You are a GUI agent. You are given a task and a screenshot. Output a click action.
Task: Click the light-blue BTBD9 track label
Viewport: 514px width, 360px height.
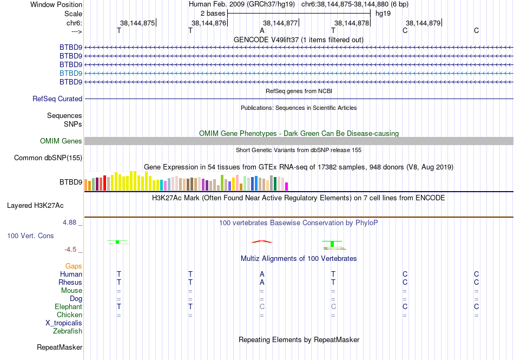71,73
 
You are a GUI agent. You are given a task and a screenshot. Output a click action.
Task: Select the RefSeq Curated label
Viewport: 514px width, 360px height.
57,99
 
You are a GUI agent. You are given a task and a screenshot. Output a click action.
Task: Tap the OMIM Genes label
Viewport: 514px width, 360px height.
61,141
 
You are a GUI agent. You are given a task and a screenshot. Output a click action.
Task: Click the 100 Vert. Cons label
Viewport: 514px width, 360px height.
30,236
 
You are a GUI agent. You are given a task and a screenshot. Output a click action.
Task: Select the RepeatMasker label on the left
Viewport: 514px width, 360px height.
60,347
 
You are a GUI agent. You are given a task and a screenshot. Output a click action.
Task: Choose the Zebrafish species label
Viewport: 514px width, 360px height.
68,331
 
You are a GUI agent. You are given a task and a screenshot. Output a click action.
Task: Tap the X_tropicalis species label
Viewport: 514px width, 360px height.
64,323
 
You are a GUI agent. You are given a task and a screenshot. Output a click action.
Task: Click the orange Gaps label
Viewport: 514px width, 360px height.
74,266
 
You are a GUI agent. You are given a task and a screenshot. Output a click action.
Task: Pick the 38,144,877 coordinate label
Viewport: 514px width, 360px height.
280,23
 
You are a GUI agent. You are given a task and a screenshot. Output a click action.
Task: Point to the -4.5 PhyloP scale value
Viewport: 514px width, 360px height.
72,250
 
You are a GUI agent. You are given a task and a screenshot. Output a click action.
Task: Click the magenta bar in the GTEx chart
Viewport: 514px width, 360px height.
287,186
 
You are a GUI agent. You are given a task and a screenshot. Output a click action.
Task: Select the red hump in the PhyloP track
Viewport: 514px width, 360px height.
262,241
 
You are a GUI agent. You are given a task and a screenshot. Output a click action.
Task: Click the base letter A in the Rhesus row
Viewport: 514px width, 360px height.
262,283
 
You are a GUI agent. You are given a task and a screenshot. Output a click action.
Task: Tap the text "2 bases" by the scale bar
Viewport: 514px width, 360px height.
213,13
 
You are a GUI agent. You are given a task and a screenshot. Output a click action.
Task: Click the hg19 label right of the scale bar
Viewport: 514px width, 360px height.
383,13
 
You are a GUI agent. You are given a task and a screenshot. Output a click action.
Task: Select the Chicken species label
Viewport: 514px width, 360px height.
70,315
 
